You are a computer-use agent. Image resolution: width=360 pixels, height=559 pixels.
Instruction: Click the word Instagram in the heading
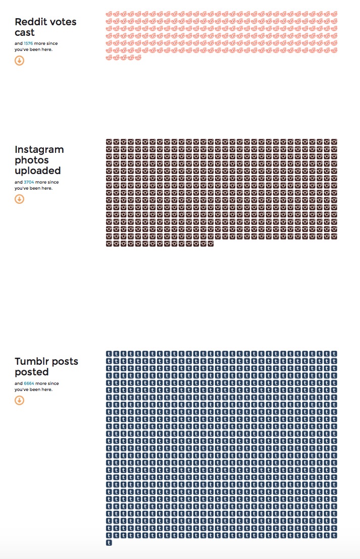coord(39,150)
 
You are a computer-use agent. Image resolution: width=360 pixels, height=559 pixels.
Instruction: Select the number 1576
coord(28,44)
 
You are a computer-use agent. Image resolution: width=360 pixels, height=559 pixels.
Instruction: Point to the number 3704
coord(29,182)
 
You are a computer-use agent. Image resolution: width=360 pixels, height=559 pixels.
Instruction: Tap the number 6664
coord(29,384)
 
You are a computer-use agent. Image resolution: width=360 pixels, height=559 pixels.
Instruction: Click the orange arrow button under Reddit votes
coord(19,61)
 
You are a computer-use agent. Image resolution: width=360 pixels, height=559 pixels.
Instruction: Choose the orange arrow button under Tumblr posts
coord(19,401)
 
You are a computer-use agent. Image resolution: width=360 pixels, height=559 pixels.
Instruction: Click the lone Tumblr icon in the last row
coord(109,543)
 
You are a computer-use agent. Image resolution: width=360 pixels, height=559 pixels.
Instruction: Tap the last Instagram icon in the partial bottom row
coord(210,244)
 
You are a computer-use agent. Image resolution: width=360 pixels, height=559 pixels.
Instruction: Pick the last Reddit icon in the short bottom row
coord(138,58)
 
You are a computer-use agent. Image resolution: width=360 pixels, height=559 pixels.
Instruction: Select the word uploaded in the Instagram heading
coord(38,171)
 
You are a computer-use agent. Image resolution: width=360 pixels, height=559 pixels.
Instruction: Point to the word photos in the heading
coord(32,160)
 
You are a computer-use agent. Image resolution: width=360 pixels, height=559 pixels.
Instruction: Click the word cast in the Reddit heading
coord(24,33)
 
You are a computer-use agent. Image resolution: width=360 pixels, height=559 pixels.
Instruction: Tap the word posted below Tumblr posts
coord(31,372)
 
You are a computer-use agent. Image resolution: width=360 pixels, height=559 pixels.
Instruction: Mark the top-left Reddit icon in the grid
coord(109,14)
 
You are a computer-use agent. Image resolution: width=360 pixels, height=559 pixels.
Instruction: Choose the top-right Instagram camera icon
coord(334,142)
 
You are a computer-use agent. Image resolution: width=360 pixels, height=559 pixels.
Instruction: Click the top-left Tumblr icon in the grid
coord(109,354)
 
